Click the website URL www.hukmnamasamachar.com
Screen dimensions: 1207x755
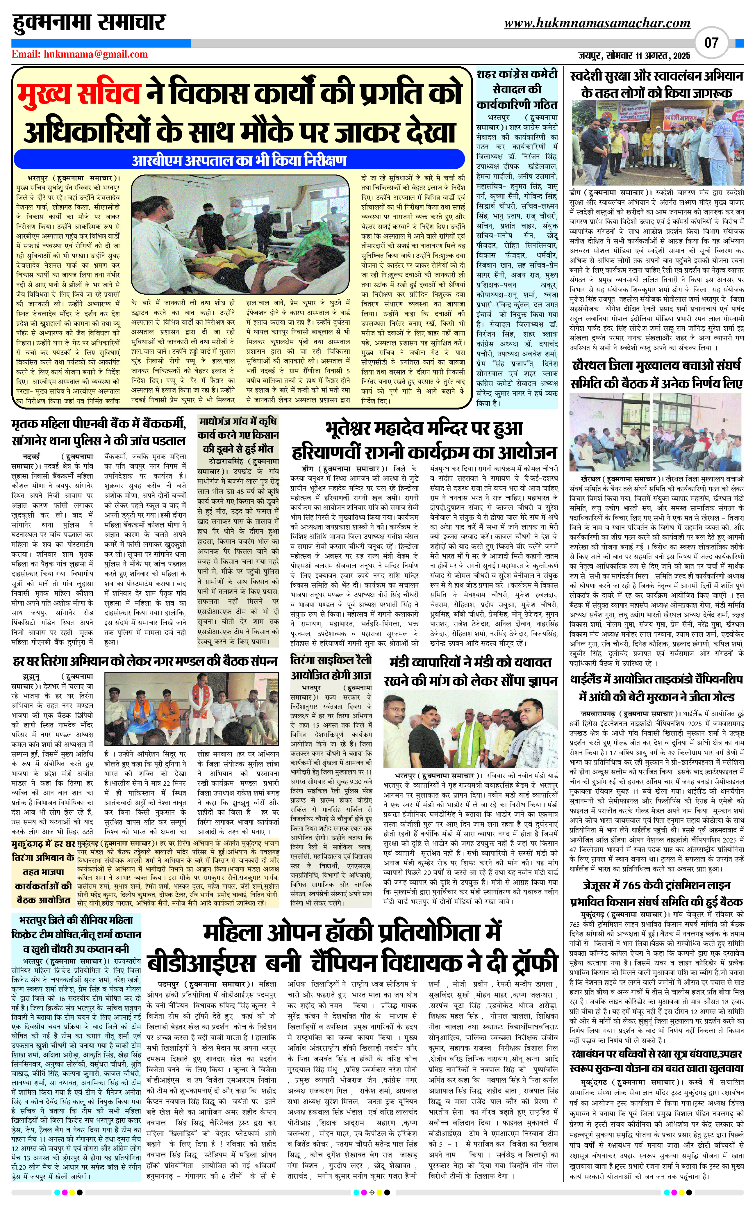597,23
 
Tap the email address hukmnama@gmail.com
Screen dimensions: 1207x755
80,54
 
